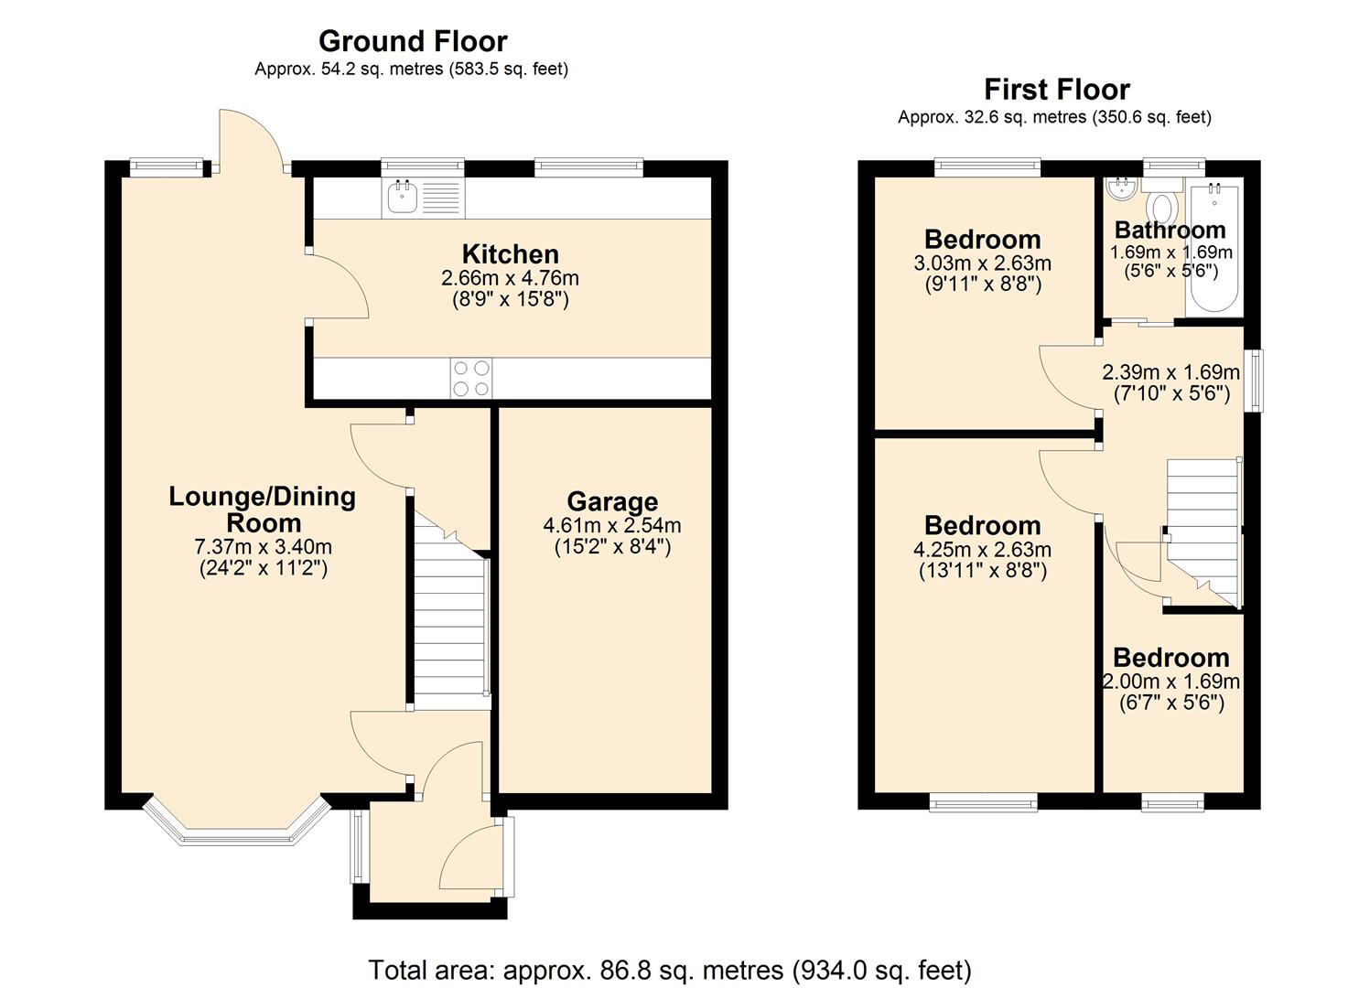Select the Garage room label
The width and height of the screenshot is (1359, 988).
coord(612,501)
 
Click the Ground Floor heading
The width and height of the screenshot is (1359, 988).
coord(412,41)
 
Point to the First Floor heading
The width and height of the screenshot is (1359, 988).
coord(1056,90)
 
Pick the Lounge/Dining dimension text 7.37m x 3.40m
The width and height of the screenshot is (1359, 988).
coord(263,547)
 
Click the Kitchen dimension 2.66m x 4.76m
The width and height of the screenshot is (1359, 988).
coord(510,277)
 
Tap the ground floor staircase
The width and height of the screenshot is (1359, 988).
coord(448,622)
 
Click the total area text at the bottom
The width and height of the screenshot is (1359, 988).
coord(669,970)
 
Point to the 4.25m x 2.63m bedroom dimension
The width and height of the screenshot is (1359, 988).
coord(982,550)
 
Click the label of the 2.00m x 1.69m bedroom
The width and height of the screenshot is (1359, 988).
coord(1170,658)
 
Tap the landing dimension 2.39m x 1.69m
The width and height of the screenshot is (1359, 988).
coord(1170,372)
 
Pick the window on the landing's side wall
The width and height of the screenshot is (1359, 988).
coord(1253,380)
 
